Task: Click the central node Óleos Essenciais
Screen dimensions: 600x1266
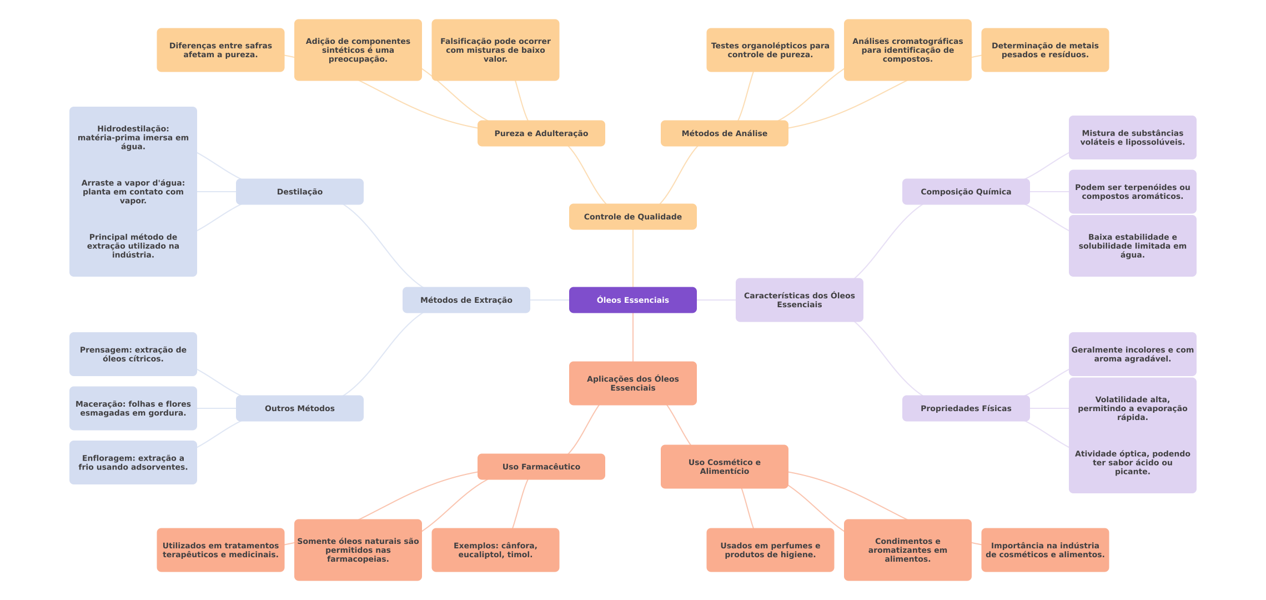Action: point(632,300)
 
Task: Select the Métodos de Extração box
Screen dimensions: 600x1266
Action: point(466,300)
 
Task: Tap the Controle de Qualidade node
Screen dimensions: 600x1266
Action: point(632,217)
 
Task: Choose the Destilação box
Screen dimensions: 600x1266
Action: point(299,192)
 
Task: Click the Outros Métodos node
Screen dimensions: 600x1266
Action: point(299,408)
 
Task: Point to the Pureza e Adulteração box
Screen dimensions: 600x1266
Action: point(541,133)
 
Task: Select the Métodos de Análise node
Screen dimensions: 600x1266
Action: point(724,133)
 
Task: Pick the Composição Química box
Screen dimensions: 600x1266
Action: point(966,192)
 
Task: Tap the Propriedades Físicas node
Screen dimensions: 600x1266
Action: point(966,408)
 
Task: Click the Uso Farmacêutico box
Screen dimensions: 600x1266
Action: point(541,467)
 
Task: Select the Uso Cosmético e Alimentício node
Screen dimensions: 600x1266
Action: point(724,467)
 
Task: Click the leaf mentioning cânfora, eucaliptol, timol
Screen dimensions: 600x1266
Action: point(495,550)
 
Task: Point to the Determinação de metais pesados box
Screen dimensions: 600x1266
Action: point(1045,50)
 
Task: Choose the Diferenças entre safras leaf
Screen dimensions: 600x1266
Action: point(220,50)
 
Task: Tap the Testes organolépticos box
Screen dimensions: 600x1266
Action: point(770,50)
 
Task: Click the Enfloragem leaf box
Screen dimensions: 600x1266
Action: point(133,462)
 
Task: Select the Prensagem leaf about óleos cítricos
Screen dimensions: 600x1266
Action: point(133,354)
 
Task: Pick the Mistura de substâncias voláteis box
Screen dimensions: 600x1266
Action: point(1132,137)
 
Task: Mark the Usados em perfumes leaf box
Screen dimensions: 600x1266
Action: point(770,550)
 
